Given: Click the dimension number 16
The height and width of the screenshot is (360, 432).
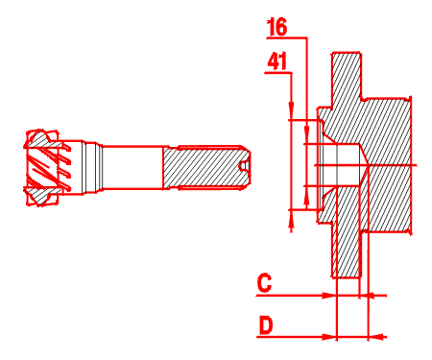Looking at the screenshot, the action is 277,27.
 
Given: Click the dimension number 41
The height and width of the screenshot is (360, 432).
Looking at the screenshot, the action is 277,61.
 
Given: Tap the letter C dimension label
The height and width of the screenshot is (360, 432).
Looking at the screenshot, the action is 264,283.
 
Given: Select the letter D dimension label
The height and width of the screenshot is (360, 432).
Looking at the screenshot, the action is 266,325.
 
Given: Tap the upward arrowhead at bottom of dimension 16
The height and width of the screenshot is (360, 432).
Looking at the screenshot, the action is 306,195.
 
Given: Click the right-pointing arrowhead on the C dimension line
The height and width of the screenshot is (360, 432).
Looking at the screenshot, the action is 329,296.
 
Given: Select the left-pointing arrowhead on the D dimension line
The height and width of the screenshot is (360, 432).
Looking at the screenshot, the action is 377,337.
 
